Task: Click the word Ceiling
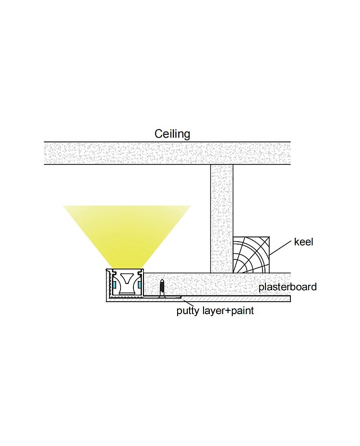(172, 134)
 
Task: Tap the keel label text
(303, 242)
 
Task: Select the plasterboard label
(288, 287)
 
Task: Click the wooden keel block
(251, 255)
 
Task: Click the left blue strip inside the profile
(115, 285)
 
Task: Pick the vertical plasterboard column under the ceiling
(222, 218)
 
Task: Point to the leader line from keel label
(281, 247)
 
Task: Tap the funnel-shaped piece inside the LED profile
(127, 283)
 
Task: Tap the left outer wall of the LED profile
(107, 285)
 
